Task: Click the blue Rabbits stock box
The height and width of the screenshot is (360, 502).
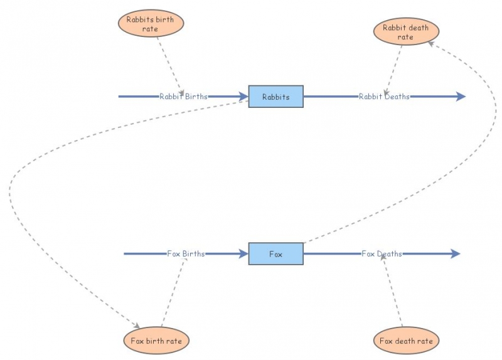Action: (275, 97)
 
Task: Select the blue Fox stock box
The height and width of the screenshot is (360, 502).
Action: (275, 254)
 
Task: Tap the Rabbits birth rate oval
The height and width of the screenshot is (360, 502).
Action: (151, 24)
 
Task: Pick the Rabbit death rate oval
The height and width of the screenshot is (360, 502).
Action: (406, 32)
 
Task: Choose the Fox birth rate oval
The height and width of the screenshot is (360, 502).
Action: (156, 341)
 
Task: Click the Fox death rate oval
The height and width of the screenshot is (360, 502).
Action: (406, 341)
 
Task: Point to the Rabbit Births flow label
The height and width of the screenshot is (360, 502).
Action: (183, 97)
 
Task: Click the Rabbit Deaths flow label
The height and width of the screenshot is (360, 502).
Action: (384, 97)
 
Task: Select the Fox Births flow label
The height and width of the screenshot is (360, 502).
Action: (186, 254)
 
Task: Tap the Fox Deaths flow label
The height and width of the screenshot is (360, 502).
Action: (382, 254)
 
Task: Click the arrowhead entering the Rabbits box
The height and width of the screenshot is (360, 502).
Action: (243, 97)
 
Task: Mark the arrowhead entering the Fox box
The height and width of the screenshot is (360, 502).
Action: (243, 254)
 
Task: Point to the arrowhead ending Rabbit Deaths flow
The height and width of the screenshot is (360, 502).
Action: (461, 97)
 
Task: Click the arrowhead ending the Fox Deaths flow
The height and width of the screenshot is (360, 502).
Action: (455, 254)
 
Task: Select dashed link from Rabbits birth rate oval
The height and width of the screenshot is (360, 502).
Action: (169, 63)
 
